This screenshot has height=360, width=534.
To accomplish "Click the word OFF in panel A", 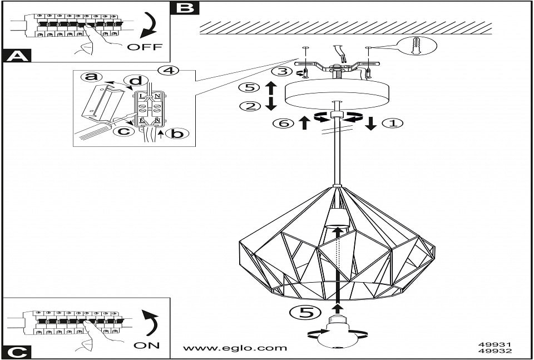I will point(145,47).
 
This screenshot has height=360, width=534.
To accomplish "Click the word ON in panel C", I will point(147,345).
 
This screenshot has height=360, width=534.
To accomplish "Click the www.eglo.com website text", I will point(235,348).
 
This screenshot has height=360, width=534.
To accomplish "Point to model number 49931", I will point(495,344).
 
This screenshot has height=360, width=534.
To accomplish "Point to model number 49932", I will point(495,351).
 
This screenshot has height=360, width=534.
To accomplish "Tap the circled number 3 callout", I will point(282,72).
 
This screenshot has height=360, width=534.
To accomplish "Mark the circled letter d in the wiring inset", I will point(132,82).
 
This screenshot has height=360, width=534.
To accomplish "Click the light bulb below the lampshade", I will point(338,332).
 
